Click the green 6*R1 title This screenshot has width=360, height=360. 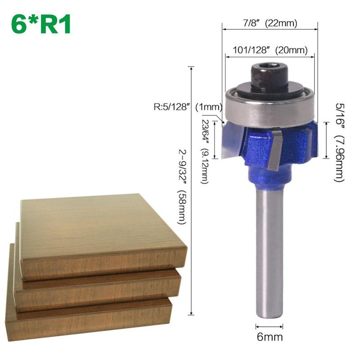pos(41,25)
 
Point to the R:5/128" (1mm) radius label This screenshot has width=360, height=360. pos(189,107)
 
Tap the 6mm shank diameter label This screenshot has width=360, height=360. pos(270,336)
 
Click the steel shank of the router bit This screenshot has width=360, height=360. pos(270,252)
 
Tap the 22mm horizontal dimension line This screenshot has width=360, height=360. pos(270,31)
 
